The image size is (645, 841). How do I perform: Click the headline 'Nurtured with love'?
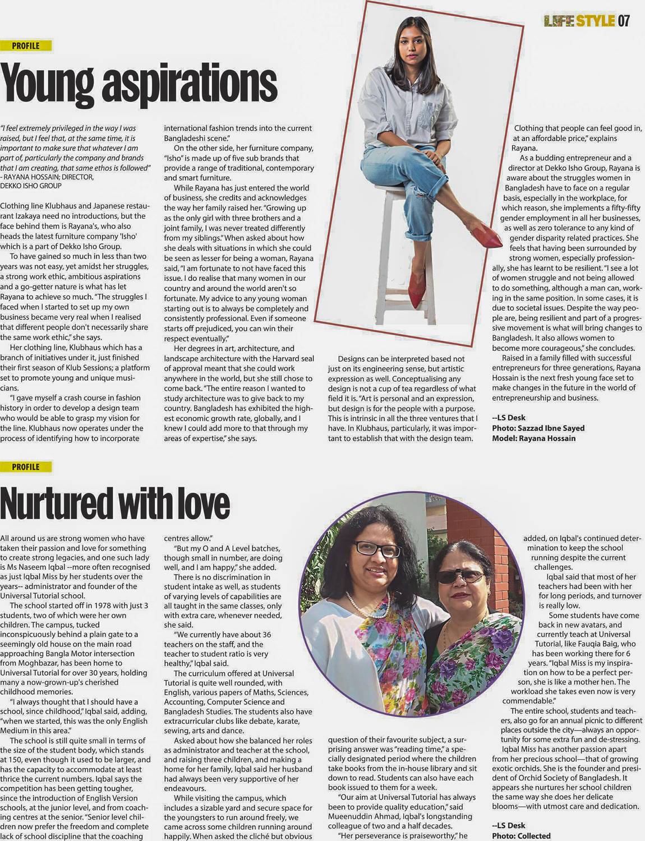115,503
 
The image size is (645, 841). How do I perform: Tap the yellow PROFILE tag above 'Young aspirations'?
26,46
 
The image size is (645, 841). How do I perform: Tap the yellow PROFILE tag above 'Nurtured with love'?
26,466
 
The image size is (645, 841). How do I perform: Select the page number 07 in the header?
623,21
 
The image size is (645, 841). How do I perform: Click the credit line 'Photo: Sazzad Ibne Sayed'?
538,428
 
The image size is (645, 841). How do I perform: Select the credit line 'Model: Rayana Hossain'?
533,438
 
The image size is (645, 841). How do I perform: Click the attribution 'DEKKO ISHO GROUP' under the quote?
31,186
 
